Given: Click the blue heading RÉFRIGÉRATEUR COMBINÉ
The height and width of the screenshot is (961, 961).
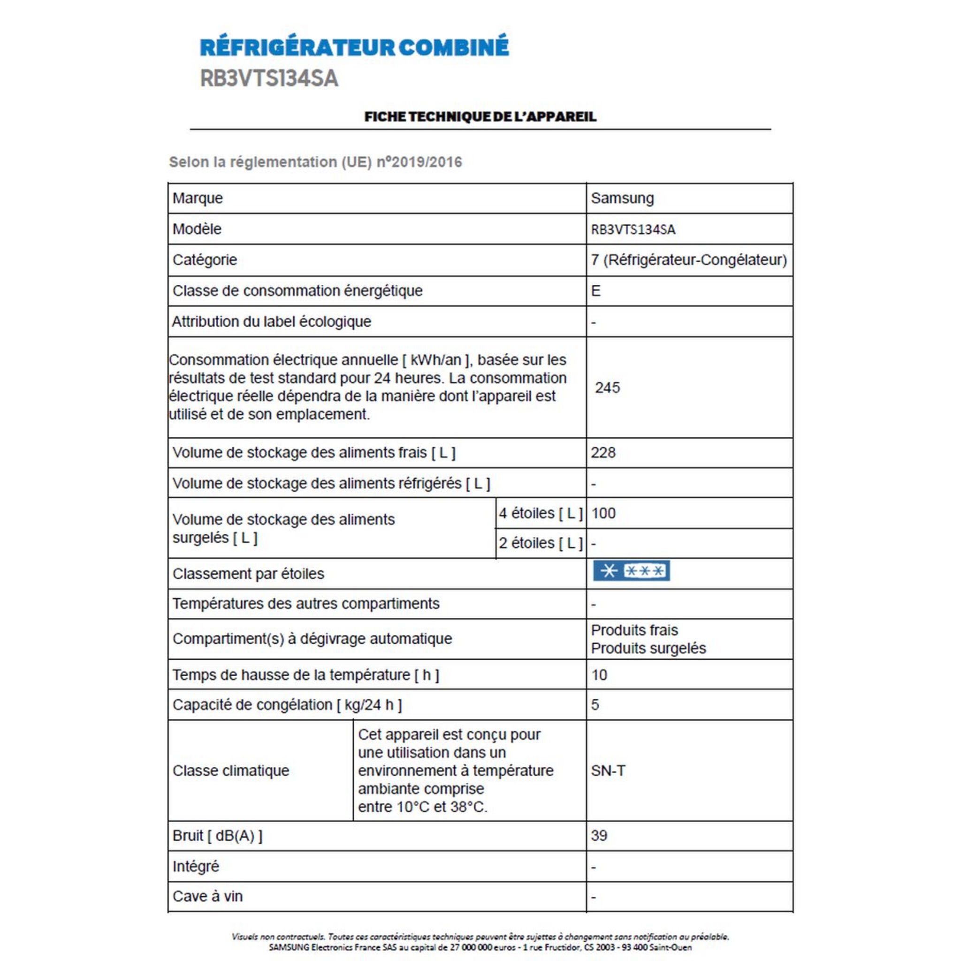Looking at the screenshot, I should pyautogui.click(x=354, y=47).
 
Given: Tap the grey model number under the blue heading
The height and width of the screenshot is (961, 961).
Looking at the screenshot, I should pyautogui.click(x=269, y=78).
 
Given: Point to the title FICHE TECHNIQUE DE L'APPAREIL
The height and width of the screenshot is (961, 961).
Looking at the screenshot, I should pyautogui.click(x=480, y=117).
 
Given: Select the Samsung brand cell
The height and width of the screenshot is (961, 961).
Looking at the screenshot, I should pyautogui.click(x=622, y=198).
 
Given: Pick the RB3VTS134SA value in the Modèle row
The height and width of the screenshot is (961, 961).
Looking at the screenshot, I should pyautogui.click(x=633, y=229).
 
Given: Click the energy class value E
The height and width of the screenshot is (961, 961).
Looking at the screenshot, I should pyautogui.click(x=596, y=291).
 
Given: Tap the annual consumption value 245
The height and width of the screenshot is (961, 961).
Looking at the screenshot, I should pyautogui.click(x=607, y=388).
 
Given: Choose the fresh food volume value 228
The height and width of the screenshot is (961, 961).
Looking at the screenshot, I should pyautogui.click(x=603, y=453).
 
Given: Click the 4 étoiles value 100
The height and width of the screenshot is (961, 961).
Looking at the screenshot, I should pyautogui.click(x=603, y=513).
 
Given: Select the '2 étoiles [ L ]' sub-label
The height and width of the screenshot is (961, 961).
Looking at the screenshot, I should pyautogui.click(x=541, y=543).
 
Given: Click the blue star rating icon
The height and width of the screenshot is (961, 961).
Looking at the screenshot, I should pyautogui.click(x=631, y=571).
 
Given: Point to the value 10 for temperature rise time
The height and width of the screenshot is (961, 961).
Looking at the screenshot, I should pyautogui.click(x=599, y=675).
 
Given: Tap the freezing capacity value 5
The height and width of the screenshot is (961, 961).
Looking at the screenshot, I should pyautogui.click(x=595, y=705).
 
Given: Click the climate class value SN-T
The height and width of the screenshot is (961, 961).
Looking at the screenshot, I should pyautogui.click(x=608, y=770).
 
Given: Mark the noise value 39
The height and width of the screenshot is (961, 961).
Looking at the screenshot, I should pyautogui.click(x=599, y=836).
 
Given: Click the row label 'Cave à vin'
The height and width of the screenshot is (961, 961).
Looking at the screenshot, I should pyautogui.click(x=207, y=896).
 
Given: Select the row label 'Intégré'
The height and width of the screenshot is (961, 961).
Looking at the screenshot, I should pyautogui.click(x=196, y=867).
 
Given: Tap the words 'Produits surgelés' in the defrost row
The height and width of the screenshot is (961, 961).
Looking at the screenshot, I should pyautogui.click(x=648, y=648).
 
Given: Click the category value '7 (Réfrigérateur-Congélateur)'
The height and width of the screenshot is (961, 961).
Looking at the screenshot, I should pyautogui.click(x=689, y=260).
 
